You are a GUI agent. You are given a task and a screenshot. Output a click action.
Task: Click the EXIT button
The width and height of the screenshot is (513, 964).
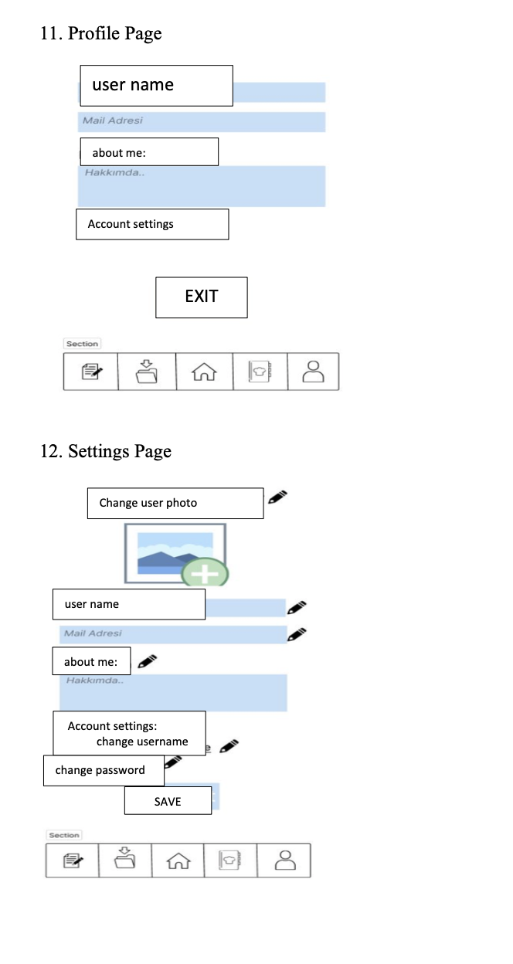click(x=202, y=297)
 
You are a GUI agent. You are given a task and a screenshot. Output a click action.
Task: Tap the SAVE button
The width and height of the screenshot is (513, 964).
click(x=168, y=801)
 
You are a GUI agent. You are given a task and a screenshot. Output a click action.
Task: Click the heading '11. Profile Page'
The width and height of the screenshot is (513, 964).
click(x=100, y=33)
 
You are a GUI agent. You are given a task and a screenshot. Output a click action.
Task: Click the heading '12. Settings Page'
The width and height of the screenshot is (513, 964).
click(x=105, y=451)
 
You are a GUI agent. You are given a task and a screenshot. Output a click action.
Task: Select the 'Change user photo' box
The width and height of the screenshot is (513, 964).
click(x=175, y=503)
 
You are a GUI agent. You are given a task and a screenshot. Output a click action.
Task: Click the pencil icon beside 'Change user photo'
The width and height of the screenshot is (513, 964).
click(x=278, y=497)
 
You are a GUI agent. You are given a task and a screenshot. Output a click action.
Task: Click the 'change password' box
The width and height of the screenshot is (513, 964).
click(x=104, y=770)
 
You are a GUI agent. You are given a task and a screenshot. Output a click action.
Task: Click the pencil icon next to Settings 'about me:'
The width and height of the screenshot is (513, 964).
click(x=147, y=660)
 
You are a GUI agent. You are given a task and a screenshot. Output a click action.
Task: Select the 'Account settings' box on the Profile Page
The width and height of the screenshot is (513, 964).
click(x=152, y=224)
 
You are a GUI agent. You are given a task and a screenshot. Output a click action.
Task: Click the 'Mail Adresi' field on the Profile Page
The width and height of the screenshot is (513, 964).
click(x=202, y=121)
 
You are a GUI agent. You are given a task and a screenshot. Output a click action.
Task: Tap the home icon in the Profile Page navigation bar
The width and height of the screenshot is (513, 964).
click(x=204, y=372)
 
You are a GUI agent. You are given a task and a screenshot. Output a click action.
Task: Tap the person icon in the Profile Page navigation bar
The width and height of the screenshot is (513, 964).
click(x=313, y=372)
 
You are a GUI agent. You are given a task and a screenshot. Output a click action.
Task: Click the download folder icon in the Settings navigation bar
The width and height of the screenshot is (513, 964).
click(x=124, y=860)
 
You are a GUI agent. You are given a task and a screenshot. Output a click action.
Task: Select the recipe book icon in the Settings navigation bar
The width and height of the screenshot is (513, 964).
click(x=230, y=860)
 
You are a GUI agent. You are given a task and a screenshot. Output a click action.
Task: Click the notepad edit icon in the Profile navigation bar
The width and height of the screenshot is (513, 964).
click(x=91, y=372)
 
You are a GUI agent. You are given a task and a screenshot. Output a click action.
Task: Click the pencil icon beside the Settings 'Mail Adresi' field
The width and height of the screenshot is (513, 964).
click(x=297, y=634)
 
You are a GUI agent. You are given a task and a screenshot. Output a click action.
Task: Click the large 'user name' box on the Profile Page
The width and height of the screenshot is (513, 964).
click(x=156, y=85)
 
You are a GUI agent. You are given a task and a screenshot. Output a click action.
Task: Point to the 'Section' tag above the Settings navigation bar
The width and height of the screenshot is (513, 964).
click(x=64, y=835)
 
